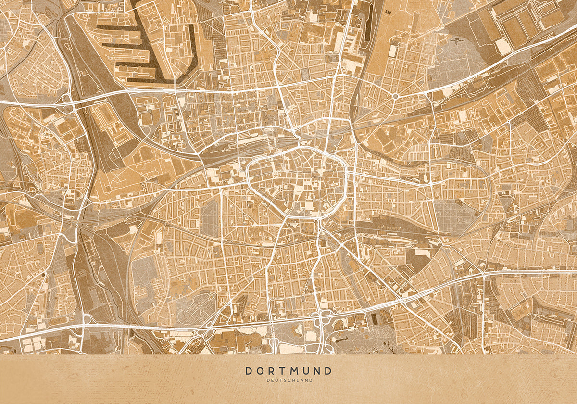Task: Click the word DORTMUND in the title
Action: tap(288, 371)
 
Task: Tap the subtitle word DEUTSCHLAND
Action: tap(288, 380)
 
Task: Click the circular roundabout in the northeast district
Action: tap(395, 96)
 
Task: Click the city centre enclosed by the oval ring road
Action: tap(298, 183)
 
